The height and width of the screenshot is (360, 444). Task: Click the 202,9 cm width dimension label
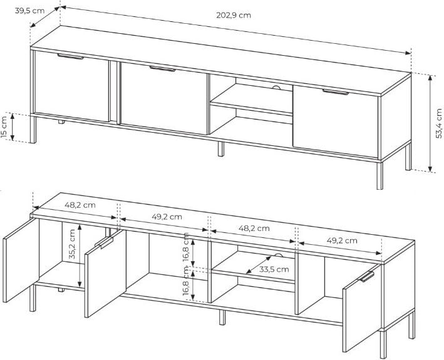coord(234,15)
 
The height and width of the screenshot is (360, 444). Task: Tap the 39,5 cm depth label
coord(29,11)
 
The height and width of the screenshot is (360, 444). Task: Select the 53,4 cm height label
coord(438,123)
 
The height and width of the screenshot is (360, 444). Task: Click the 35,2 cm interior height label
coord(72,244)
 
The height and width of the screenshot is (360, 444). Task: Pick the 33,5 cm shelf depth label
coord(274,269)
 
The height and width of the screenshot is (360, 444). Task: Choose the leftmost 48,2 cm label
coord(80,205)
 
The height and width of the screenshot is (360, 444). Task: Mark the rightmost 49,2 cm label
coord(342,240)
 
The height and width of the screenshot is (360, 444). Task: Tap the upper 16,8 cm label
coord(186,247)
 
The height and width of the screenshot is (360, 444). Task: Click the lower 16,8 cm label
coord(186,281)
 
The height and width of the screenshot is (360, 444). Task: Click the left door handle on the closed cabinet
coord(70,56)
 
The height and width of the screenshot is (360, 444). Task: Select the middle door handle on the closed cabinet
coord(163,69)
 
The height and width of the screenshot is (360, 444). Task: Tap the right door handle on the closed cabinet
coord(336,92)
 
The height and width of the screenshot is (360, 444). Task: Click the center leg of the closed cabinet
coord(221,149)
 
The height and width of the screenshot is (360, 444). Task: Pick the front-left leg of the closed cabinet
coord(33,130)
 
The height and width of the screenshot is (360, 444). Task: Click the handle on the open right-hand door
coord(366,277)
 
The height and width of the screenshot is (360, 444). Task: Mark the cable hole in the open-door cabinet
coord(279,255)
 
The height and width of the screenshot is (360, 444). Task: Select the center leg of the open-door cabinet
coord(222,317)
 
